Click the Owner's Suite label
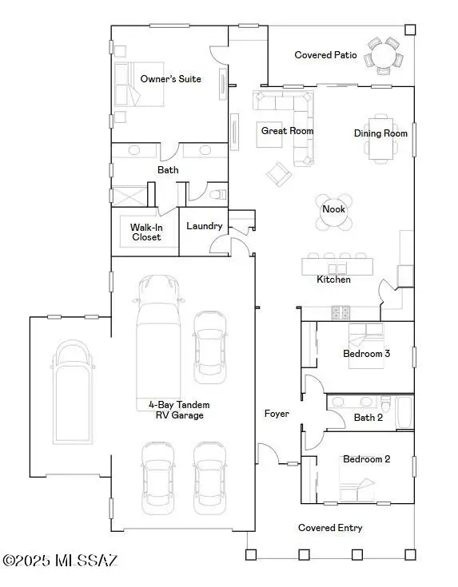[x=170, y=79]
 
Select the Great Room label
[x=287, y=130]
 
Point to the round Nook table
[x=333, y=212]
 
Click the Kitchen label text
[x=333, y=280]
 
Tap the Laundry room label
[x=205, y=226]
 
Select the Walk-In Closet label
[x=145, y=232]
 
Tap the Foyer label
[x=277, y=414]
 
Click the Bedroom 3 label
[x=366, y=354]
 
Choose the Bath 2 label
[x=368, y=417]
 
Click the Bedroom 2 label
[x=366, y=459]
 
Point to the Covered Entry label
[x=330, y=528]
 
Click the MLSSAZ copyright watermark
[x=59, y=561]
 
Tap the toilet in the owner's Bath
[x=217, y=193]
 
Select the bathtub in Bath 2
[x=404, y=412]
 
